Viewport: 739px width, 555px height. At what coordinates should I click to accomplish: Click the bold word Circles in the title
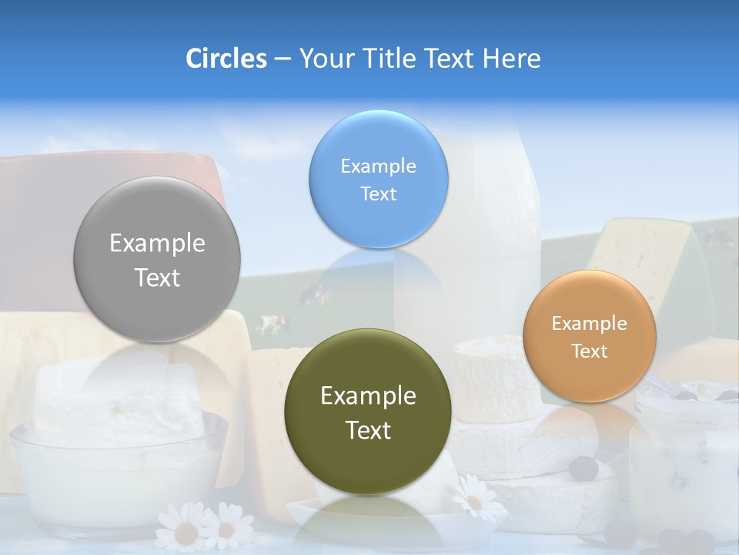226,59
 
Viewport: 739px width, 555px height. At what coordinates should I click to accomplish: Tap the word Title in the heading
391,59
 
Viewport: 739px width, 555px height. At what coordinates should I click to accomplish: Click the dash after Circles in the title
283,59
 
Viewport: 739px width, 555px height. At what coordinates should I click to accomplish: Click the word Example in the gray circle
157,244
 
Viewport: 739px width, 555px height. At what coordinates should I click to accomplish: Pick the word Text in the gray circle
157,277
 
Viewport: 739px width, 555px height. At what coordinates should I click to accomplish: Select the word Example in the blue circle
378,166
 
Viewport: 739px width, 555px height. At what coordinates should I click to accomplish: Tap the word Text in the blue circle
378,193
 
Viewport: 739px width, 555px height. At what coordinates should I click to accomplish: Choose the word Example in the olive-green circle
368,396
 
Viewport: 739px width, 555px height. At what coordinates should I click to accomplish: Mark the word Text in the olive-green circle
368,430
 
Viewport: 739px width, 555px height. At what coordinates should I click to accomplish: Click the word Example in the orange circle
589,323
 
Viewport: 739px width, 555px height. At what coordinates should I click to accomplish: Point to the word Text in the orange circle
589,351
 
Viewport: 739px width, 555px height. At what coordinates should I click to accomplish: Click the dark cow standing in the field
314,292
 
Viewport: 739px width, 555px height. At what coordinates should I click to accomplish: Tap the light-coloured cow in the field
270,324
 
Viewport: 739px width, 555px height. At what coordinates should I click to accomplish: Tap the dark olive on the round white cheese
584,467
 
